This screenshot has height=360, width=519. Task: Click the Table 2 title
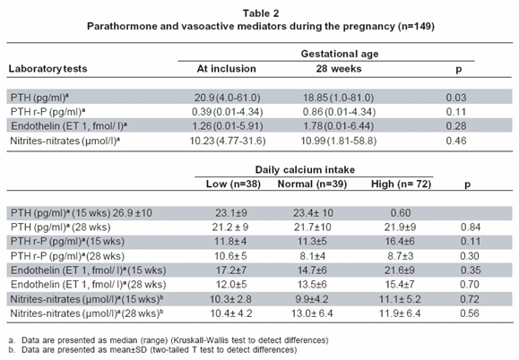point(261,13)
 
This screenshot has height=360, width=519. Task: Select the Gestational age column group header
point(340,54)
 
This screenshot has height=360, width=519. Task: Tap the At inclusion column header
point(227,69)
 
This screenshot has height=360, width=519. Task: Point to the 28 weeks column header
point(339,69)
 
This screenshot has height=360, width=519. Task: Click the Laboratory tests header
point(48,69)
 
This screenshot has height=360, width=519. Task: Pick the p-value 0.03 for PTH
point(456,98)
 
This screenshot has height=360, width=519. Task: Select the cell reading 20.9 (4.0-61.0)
point(227,98)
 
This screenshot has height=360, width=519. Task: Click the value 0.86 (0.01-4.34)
point(339,112)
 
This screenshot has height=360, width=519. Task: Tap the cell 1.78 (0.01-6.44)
point(339,126)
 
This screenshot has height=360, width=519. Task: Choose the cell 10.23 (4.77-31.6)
point(228,141)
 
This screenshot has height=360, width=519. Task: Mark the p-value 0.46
point(456,141)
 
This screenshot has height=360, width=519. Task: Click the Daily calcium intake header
point(305,170)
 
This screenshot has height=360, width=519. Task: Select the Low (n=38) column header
point(233,184)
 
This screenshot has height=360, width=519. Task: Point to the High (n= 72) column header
point(402,184)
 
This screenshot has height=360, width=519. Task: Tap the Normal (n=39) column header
point(312,184)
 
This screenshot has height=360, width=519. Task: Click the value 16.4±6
point(400,242)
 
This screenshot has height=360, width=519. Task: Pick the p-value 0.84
point(471,227)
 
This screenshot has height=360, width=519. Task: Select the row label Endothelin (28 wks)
point(89,285)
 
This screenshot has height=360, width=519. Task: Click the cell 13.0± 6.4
point(312,313)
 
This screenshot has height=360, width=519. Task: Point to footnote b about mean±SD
point(152,350)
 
